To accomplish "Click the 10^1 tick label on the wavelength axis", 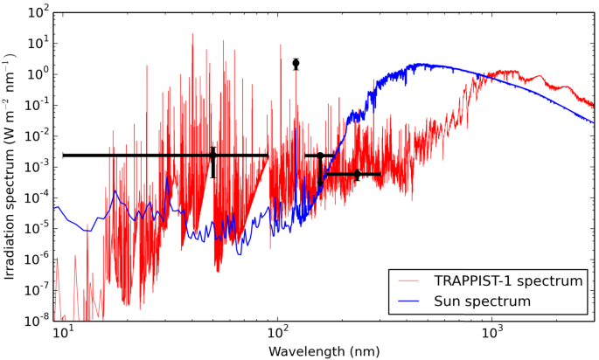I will tap(63, 333).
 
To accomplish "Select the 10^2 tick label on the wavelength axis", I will tap(278, 333).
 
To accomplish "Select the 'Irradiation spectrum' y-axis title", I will tap(10, 166).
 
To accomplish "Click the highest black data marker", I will tap(296, 64).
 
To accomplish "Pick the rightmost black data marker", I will tap(357, 175).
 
